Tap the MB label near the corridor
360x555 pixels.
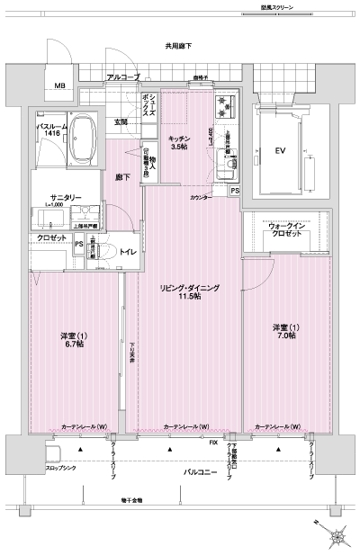[x=59, y=86]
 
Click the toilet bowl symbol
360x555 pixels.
[x=101, y=253]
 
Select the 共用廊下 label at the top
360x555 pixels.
[x=178, y=45]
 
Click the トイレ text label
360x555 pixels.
[x=128, y=254]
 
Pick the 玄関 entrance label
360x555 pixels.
[x=121, y=121]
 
